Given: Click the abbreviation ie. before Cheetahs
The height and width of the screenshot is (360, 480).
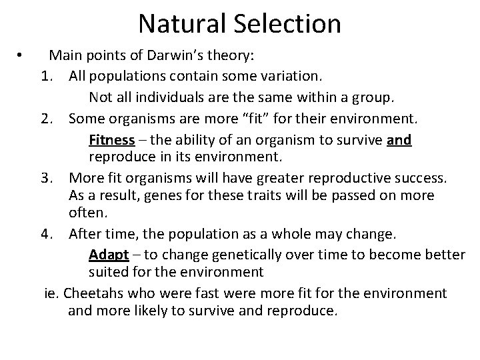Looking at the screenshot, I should click(51, 293).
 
